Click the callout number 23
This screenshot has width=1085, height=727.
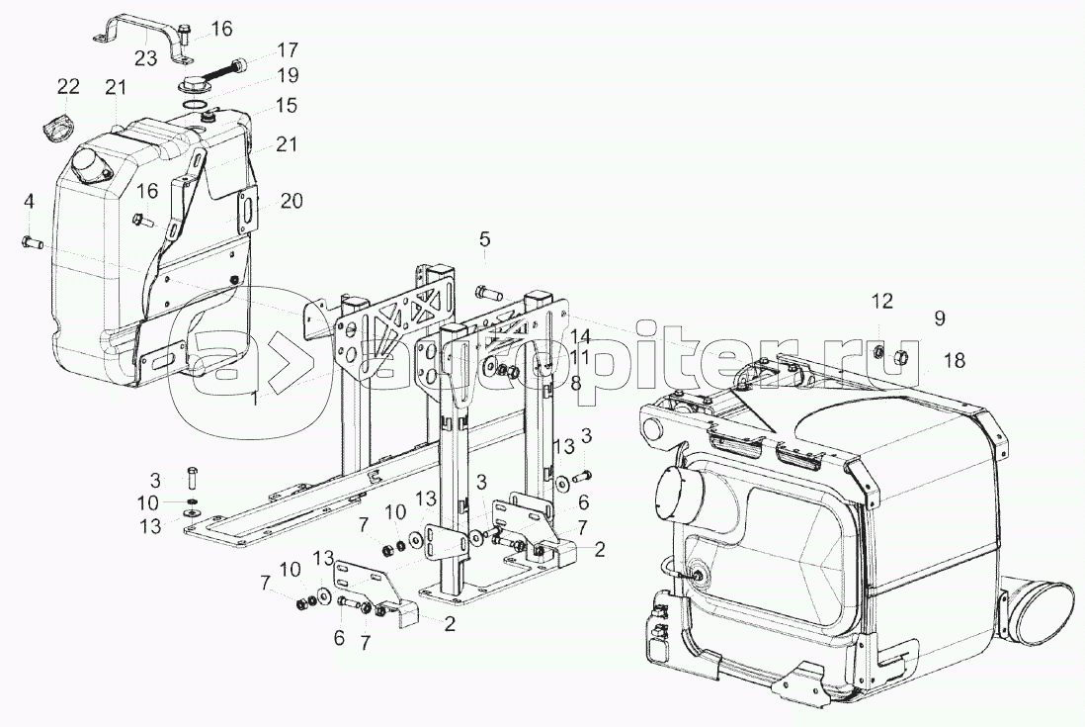click(145, 58)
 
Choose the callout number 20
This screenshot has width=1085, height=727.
click(291, 201)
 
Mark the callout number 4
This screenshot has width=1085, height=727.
click(30, 202)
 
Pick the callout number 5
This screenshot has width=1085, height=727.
click(484, 238)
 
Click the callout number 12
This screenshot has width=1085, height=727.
click(881, 301)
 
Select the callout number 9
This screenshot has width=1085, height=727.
click(939, 318)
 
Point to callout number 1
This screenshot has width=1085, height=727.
click(255, 399)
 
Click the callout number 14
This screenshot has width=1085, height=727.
click(578, 336)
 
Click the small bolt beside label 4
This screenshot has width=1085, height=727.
click(30, 240)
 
